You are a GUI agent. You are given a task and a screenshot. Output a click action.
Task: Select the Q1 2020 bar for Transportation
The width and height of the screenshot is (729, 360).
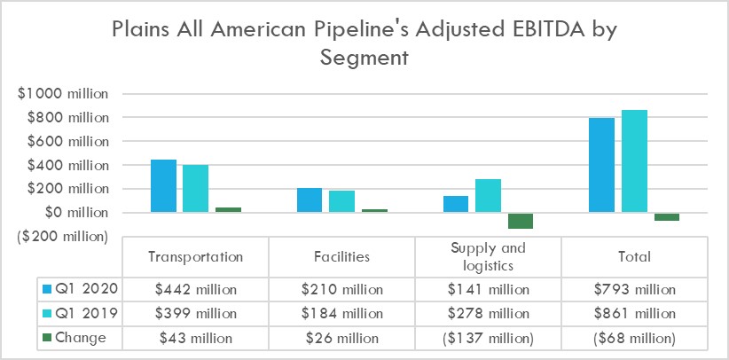163,186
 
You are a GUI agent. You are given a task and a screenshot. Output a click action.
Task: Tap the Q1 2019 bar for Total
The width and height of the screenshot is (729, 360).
634,161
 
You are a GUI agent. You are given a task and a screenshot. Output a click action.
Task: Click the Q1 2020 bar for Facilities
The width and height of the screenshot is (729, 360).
310,200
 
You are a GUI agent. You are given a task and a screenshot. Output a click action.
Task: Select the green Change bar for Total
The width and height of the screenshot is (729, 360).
666,217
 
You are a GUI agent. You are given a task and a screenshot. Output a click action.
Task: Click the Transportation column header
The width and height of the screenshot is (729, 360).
195,257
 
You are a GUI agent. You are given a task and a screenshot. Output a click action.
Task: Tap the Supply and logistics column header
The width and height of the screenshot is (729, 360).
488,256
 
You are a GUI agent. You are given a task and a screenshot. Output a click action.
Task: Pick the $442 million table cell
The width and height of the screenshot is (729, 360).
195,289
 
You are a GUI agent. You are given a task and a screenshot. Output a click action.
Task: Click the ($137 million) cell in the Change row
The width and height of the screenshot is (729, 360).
488,338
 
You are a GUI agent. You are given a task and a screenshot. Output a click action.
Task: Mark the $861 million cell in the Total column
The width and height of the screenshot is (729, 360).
635,314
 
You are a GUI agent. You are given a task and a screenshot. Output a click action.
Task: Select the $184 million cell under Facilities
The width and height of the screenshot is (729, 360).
341,314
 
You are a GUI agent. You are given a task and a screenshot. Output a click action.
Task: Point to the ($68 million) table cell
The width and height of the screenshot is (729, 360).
635,338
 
